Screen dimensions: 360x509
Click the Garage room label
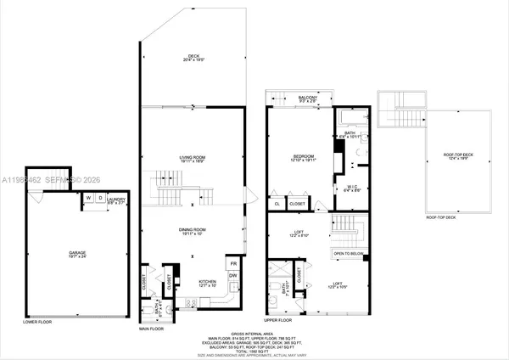tap(78, 252)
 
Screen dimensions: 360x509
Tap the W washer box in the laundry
tap(87, 199)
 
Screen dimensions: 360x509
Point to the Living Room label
tap(193, 158)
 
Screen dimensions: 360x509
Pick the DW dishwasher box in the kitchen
tap(233, 277)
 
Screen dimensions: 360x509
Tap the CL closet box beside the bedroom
tap(277, 204)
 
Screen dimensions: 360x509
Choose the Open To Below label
tap(348, 253)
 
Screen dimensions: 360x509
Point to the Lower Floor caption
tap(38, 322)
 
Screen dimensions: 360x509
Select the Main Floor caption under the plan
tap(152, 329)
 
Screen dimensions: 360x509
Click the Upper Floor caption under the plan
tap(279, 321)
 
